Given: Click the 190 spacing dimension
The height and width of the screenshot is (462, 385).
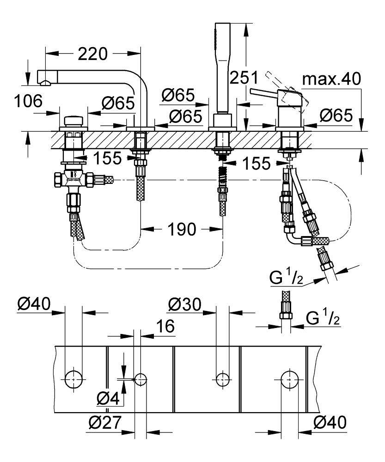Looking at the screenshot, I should pyautogui.click(x=182, y=229).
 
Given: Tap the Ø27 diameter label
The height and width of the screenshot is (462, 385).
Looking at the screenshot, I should pyautogui.click(x=105, y=423).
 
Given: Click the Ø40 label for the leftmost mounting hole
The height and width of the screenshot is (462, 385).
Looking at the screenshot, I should pyautogui.click(x=34, y=305).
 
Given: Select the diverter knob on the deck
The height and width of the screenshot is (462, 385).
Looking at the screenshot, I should pyautogui.click(x=73, y=122).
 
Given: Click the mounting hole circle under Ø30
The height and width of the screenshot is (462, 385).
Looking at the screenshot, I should pyautogui.click(x=223, y=379).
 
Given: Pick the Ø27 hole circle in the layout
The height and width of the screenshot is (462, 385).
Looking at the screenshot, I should pyautogui.click(x=140, y=380).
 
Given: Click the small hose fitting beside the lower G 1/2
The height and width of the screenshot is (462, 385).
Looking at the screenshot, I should pyautogui.click(x=285, y=316).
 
